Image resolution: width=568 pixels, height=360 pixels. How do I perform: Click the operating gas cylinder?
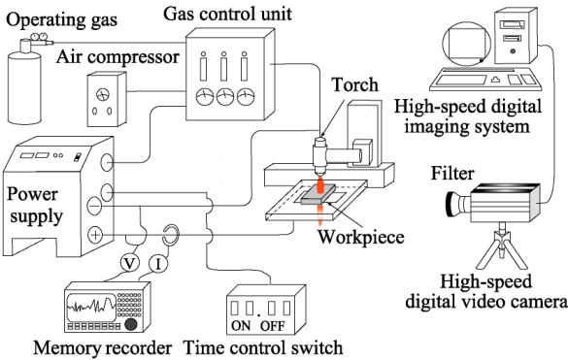(x=23, y=85)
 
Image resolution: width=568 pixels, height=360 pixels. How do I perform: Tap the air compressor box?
(x=107, y=99)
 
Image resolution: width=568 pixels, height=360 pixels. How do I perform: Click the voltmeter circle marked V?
(x=129, y=263)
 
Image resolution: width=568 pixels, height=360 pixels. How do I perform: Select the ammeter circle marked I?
(x=158, y=264)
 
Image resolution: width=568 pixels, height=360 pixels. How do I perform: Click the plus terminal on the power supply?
(x=95, y=236)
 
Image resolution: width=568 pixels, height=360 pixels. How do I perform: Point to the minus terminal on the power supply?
(x=95, y=206)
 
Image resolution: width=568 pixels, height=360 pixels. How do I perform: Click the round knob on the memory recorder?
(x=131, y=323)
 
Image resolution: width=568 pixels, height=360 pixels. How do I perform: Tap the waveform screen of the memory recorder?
(x=91, y=307)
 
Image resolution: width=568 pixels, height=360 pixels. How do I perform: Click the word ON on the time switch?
(x=241, y=326)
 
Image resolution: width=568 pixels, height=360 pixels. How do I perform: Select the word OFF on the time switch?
(x=273, y=326)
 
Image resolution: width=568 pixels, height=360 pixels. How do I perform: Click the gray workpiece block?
(x=318, y=195)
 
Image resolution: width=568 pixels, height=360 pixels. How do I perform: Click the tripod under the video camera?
(x=502, y=246)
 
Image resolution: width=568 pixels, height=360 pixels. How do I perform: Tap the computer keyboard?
(x=485, y=79)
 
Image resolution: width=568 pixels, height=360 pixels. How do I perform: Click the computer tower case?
(x=516, y=36)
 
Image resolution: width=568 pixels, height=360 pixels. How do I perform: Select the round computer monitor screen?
(x=467, y=43)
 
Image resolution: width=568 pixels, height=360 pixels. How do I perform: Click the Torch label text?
(x=355, y=84)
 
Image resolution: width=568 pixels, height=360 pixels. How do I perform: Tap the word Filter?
(x=452, y=173)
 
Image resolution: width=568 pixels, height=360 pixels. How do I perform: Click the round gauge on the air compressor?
(x=103, y=95)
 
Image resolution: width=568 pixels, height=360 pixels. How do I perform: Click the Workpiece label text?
(x=361, y=237)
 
